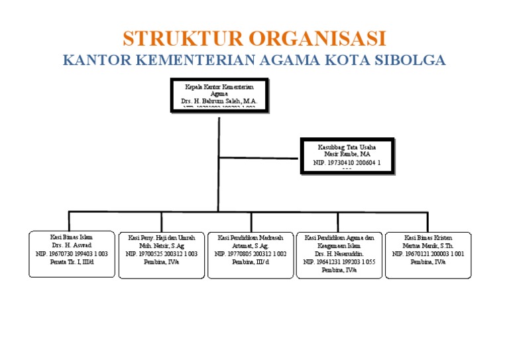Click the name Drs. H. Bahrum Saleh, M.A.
[x=218, y=101]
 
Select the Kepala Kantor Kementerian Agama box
[x=219, y=94]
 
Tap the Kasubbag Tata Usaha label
[x=347, y=147]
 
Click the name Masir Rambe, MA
[x=347, y=154]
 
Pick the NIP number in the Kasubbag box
[x=347, y=162]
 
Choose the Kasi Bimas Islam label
[x=72, y=237]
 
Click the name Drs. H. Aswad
[x=72, y=245]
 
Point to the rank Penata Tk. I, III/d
[x=72, y=262]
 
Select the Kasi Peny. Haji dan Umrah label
[x=162, y=237]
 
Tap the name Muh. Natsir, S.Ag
[x=162, y=245]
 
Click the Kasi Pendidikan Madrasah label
[x=251, y=237]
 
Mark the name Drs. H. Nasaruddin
[x=339, y=253]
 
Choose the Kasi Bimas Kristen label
[x=428, y=237]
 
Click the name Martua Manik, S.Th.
[x=428, y=245]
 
